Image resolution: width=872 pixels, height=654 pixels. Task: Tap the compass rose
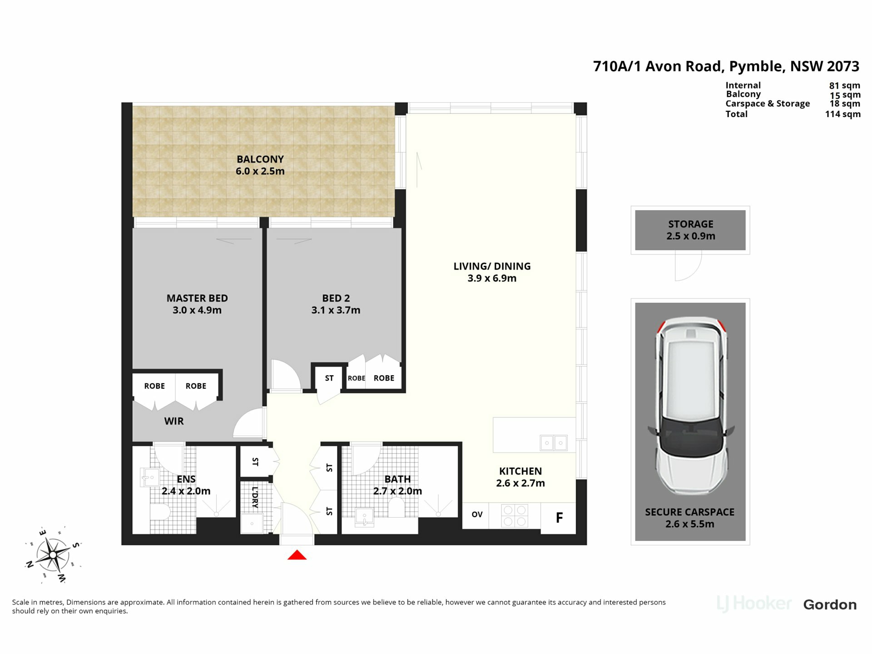pos(53,555)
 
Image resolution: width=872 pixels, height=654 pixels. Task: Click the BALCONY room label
pos(260,159)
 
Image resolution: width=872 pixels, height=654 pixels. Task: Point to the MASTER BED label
pos(197,298)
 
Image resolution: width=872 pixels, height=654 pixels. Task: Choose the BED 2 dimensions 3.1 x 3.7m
pos(336,310)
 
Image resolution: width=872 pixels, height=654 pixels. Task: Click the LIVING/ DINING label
pos(492,267)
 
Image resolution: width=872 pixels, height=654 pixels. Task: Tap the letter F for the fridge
pos(560,517)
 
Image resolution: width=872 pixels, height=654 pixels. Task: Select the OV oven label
pos(477,515)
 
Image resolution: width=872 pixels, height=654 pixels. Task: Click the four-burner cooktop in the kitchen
pos(515,516)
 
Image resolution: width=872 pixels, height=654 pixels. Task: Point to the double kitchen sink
pos(554,443)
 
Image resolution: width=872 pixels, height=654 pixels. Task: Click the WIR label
pos(174,421)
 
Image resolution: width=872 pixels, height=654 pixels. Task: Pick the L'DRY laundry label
pos(255,497)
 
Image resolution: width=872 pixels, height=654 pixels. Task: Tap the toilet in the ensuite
pos(159,512)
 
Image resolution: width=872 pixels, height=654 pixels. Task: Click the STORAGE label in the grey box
pos(691,224)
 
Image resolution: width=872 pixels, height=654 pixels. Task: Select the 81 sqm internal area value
pos(845,85)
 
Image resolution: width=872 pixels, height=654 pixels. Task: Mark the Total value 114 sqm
pos(843,114)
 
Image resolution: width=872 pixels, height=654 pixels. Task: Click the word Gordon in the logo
pos(830,605)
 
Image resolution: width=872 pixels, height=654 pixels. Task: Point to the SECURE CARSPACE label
pos(690,512)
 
